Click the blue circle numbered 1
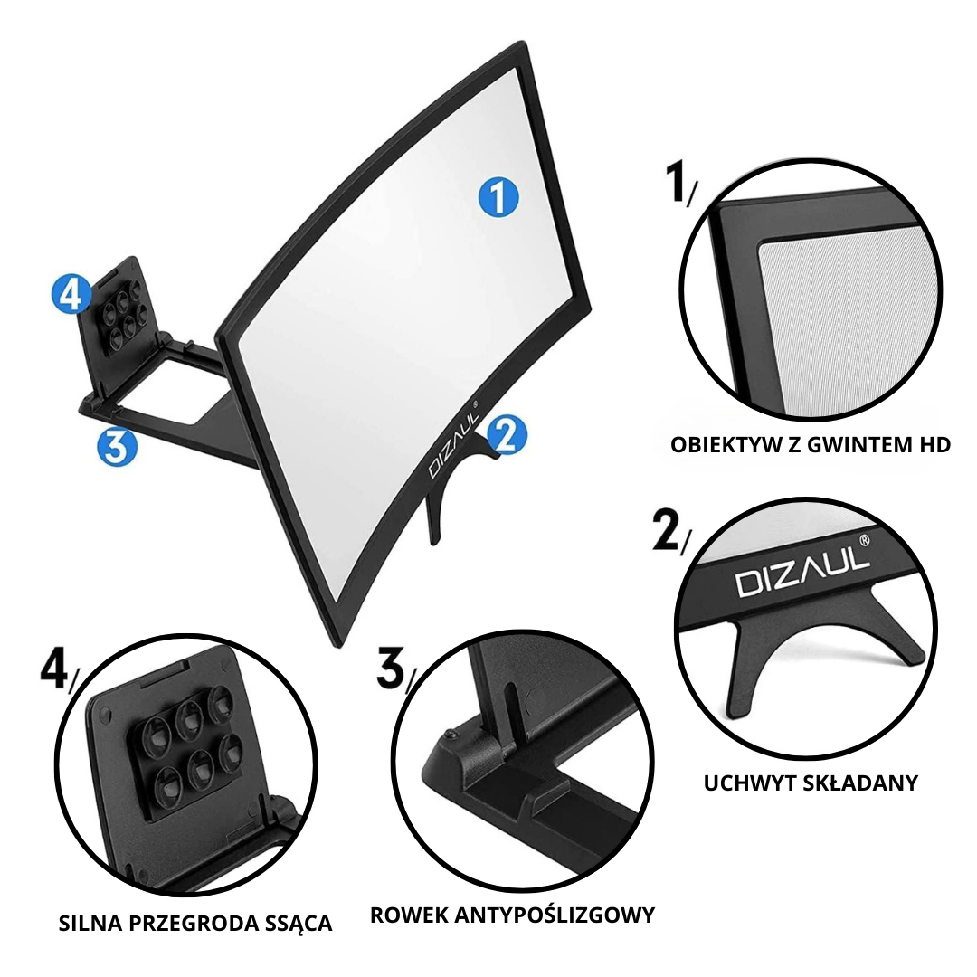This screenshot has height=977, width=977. point(498,197)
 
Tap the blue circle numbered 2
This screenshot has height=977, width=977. point(507,434)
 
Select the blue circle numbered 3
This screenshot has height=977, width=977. point(117,447)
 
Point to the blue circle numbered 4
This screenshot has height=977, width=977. point(71,294)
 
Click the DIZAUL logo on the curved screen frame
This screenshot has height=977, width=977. point(453,442)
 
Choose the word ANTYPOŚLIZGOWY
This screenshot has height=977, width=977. point(555,915)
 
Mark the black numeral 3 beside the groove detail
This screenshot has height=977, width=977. point(392,668)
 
